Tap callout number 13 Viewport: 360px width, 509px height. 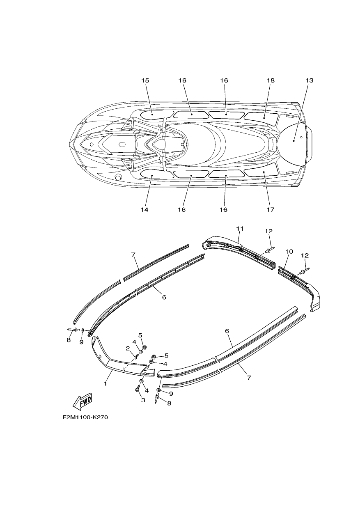pos(310,80)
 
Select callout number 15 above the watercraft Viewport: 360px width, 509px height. pos(145,80)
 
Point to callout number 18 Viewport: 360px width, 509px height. pos(271,80)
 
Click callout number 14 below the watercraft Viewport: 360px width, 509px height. pos(144,209)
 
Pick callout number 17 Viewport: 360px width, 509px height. pos(271,209)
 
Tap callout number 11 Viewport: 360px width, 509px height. pos(240,229)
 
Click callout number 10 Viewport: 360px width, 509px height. pos(289,252)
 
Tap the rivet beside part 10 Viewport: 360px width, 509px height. pos(304,271)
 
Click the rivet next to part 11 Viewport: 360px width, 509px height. pos(270,250)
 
